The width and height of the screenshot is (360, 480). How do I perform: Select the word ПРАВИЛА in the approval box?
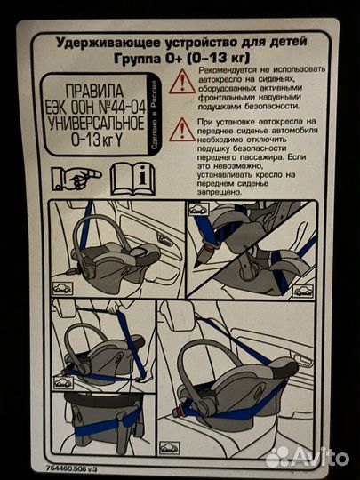[94, 91]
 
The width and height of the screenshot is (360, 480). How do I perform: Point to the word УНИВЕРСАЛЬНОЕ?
[96, 123]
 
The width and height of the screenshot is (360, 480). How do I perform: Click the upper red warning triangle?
[182, 82]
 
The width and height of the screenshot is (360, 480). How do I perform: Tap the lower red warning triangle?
[182, 130]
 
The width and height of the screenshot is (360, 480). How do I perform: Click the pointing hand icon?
[76, 179]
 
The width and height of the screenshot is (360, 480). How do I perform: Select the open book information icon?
[132, 179]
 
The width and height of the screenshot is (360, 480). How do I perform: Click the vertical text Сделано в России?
[155, 115]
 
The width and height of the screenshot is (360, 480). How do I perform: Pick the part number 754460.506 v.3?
[72, 468]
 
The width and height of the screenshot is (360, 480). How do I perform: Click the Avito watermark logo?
[308, 458]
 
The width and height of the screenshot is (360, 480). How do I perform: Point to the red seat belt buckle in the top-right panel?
[208, 250]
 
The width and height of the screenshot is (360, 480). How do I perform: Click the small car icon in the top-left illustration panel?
[62, 288]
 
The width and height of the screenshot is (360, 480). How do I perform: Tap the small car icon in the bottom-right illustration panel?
[169, 447]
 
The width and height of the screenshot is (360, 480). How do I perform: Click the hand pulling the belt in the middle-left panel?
[113, 307]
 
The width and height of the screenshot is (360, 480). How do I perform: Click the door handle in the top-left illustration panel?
[164, 238]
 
